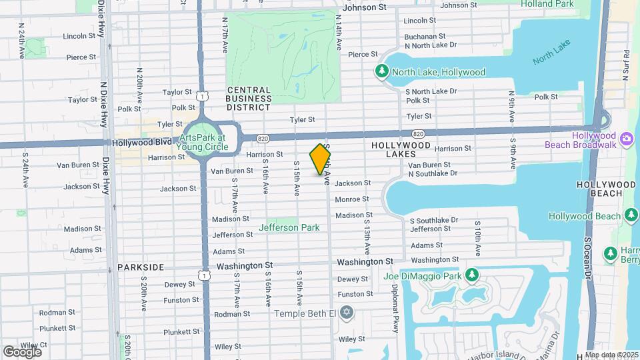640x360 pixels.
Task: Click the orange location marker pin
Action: click(x=321, y=159)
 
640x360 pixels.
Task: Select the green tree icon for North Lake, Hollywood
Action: click(x=382, y=71)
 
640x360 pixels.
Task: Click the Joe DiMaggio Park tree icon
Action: click(x=472, y=275)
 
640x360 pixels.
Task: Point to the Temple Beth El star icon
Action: click(x=345, y=312)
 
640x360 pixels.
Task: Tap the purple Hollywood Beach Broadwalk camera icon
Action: click(x=626, y=139)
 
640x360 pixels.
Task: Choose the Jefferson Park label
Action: click(x=289, y=227)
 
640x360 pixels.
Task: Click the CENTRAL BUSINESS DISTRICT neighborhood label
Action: click(x=249, y=98)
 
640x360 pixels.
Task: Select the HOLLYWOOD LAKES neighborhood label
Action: click(x=401, y=149)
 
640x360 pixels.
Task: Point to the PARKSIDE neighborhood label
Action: click(x=141, y=267)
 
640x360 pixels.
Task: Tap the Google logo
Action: click(x=22, y=351)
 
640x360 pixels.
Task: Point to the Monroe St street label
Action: click(x=351, y=199)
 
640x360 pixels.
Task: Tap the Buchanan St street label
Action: click(x=424, y=36)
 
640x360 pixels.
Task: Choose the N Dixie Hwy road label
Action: click(x=103, y=104)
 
